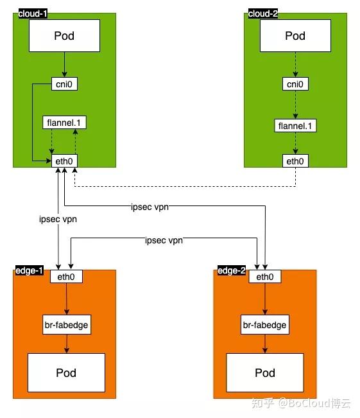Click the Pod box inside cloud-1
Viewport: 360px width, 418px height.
point(64,35)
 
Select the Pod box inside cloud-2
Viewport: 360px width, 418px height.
point(295,35)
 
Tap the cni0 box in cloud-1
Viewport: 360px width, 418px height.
point(64,83)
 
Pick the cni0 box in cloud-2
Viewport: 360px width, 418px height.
point(295,83)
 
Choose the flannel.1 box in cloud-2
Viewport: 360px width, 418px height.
point(295,125)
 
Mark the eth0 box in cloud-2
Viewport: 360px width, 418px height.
point(295,161)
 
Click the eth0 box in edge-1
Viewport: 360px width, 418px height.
point(67,277)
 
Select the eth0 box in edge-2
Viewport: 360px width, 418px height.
point(264,277)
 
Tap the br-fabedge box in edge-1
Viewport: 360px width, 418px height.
point(67,326)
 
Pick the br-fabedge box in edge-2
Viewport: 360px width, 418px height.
point(264,326)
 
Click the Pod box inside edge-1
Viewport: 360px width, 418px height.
point(67,373)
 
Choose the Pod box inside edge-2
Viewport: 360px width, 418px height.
point(264,373)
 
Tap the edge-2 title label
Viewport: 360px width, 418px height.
point(232,270)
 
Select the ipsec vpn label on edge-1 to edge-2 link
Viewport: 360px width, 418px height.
point(163,240)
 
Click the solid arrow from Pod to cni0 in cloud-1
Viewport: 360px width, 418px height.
point(64,64)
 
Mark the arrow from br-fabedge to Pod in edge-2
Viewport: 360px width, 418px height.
point(264,344)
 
